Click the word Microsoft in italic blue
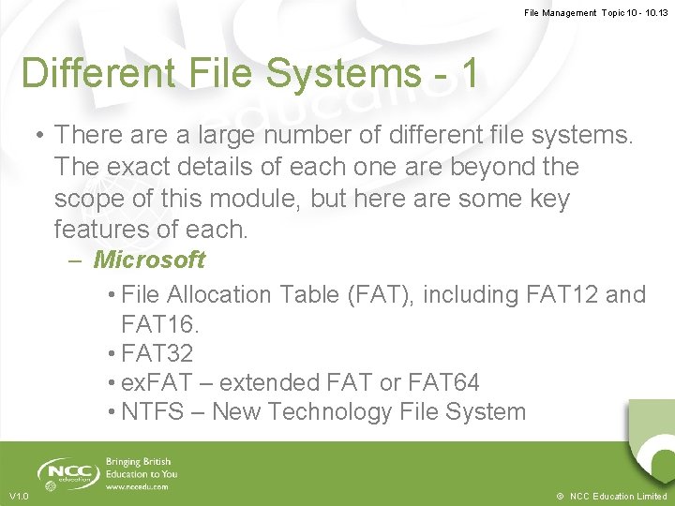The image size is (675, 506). pos(149,260)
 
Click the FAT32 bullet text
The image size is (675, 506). pos(157,353)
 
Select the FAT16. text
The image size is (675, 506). pos(160,324)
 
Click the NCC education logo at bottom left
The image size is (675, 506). pos(65,471)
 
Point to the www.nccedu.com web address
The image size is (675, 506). pos(137,487)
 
